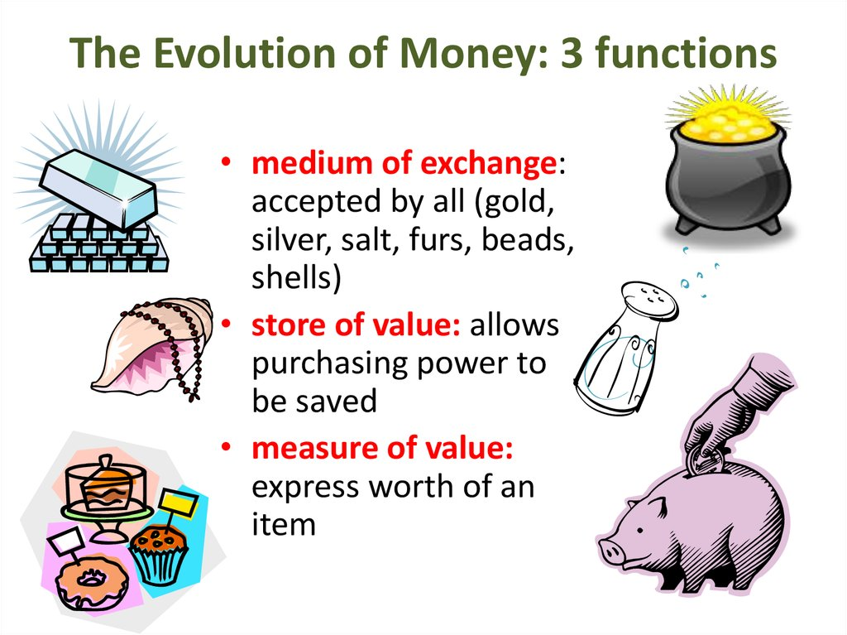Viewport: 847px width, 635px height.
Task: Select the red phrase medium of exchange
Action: [404, 163]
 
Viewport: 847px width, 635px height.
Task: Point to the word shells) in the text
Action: [296, 277]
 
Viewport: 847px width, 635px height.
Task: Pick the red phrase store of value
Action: [356, 325]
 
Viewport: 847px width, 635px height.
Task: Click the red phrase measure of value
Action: [382, 449]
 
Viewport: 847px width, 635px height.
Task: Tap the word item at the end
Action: [284, 524]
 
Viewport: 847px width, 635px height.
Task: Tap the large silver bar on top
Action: [98, 186]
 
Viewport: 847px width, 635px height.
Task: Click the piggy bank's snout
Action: [610, 550]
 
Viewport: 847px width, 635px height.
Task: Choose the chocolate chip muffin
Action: [160, 555]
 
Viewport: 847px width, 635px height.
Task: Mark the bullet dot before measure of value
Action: [227, 447]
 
